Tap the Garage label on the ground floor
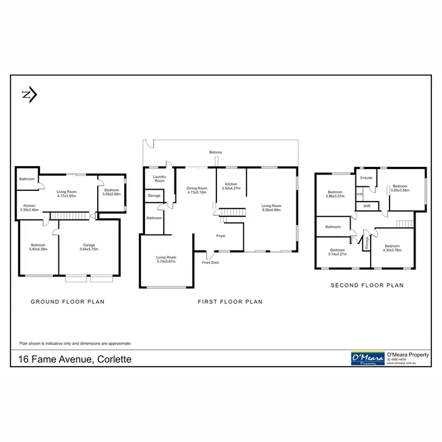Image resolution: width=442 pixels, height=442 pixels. point(90,245)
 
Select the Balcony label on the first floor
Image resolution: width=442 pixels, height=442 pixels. point(216,153)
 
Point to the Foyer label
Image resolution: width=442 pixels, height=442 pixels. point(221,236)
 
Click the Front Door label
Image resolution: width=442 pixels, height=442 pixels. point(210,262)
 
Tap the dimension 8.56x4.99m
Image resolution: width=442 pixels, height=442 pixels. point(272,209)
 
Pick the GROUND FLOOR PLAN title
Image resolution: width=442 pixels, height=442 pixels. point(67,301)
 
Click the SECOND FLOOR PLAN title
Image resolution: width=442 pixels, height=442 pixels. point(367,285)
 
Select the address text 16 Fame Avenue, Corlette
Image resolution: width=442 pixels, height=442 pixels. point(74,358)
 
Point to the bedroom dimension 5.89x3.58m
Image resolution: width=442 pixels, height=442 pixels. point(400,190)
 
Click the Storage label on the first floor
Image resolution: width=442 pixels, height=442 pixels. point(154,196)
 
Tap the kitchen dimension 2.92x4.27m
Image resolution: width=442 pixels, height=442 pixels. point(230,188)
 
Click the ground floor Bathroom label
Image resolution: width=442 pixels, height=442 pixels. point(27,179)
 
